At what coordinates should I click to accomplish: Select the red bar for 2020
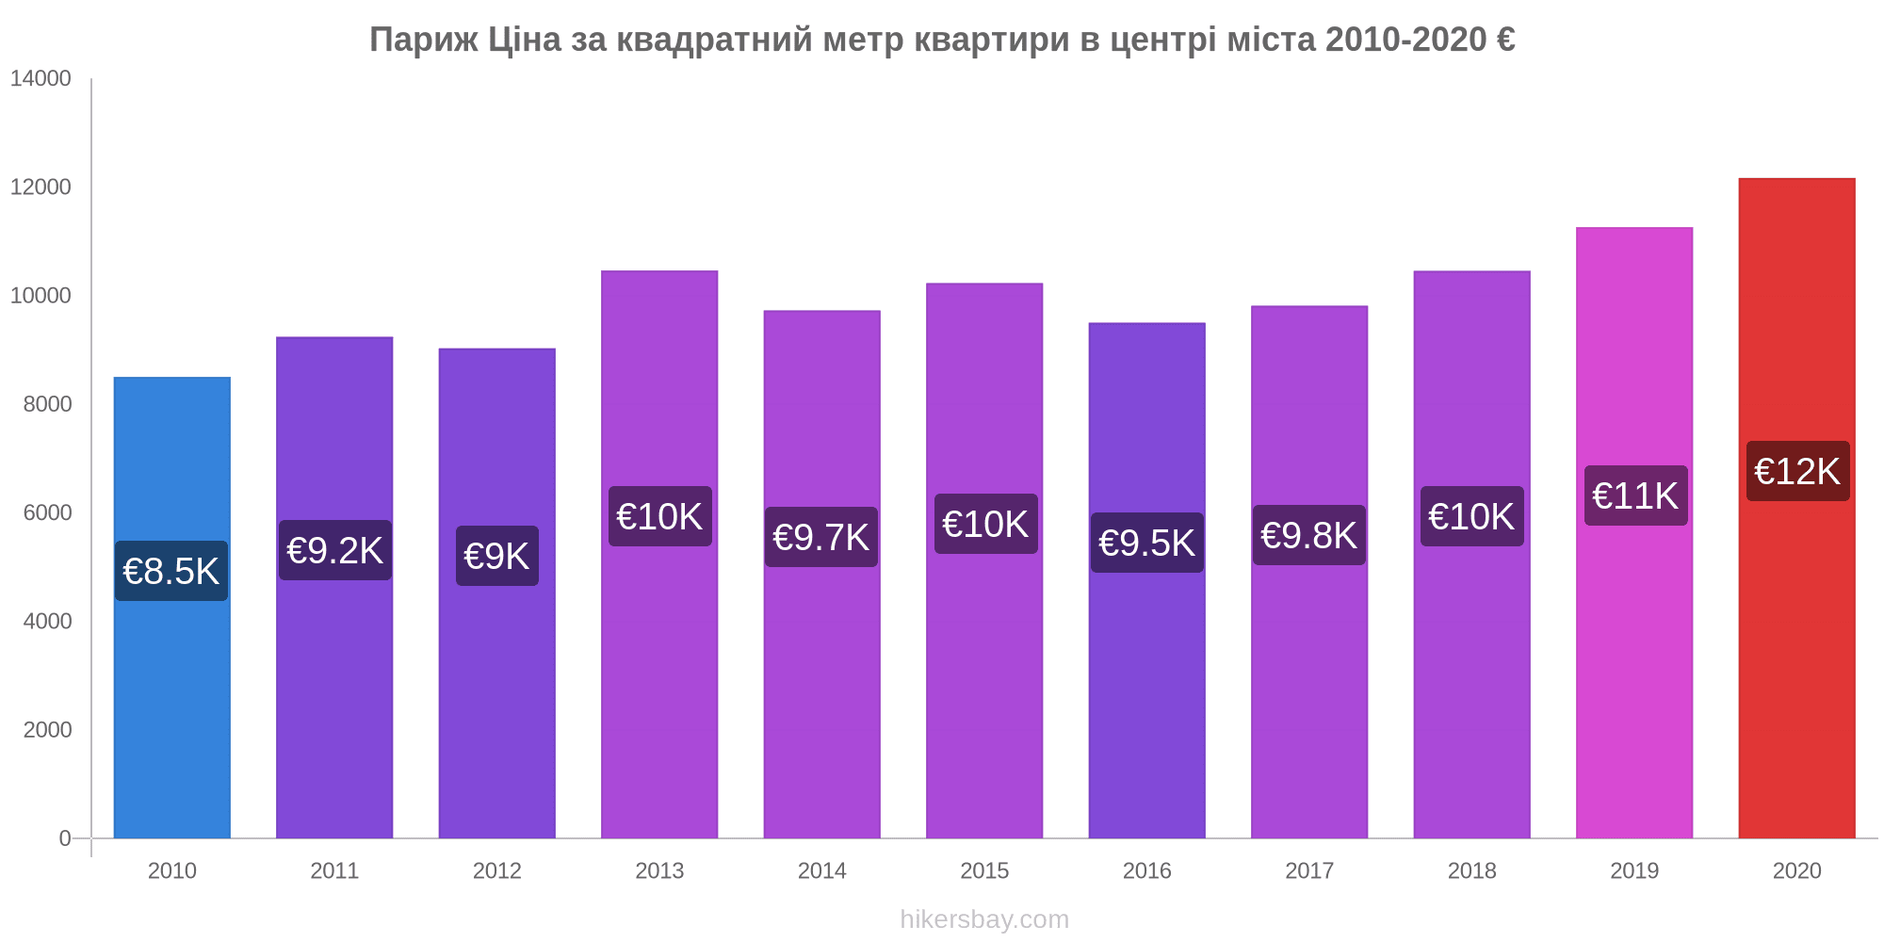pyautogui.click(x=1796, y=659)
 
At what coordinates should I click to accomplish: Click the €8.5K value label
pyautogui.click(x=171, y=572)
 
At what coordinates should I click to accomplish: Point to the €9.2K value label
pyautogui.click(x=334, y=551)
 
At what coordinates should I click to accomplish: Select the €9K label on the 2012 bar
pyautogui.click(x=497, y=557)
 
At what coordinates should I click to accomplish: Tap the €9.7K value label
pyautogui.click(x=821, y=538)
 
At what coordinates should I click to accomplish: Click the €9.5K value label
pyautogui.click(x=1146, y=544)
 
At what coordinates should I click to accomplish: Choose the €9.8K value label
pyautogui.click(x=1309, y=536)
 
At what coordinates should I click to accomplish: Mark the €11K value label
pyautogui.click(x=1635, y=495)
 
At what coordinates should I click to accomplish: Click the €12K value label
pyautogui.click(x=1797, y=472)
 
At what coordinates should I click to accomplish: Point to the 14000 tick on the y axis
pyautogui.click(x=41, y=79)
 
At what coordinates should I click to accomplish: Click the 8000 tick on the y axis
pyautogui.click(x=47, y=404)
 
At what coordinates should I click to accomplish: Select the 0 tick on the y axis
pyautogui.click(x=65, y=838)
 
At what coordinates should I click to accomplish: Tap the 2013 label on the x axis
pyautogui.click(x=659, y=871)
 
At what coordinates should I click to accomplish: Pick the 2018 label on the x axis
pyautogui.click(x=1471, y=871)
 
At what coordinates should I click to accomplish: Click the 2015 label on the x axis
pyautogui.click(x=984, y=871)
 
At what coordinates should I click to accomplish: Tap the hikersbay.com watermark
pyautogui.click(x=984, y=919)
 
